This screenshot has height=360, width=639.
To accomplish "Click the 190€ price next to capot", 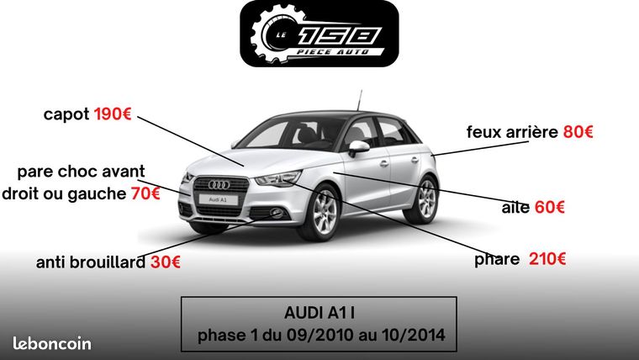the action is tap(113, 114).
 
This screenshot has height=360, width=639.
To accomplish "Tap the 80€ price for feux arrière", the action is tap(578, 132).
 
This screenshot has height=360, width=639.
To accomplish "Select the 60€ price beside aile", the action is tap(549, 207).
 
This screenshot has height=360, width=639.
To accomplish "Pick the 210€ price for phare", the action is tap(547, 258).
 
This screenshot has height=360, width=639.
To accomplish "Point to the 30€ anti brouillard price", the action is tap(166, 262).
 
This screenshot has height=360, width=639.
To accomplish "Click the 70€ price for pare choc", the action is tap(145, 193).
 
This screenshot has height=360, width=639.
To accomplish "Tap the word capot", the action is tap(66, 114).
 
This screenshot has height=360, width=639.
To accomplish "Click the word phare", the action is tap(497, 259).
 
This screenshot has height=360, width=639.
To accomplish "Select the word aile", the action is tap(515, 207).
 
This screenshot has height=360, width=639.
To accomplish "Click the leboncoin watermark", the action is tap(52, 343).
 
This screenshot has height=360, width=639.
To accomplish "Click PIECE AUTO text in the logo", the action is tap(332, 52).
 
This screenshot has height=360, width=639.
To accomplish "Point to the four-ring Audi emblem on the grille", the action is tap(219, 185).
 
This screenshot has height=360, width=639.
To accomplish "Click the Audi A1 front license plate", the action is tap(219, 199).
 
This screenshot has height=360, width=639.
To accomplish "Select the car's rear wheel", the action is tap(425, 200).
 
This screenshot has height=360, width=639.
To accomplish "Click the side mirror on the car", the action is tap(359, 147).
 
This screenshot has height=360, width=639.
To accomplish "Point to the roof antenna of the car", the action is tap(359, 100).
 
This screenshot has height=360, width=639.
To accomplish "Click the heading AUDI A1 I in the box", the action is tap(319, 313).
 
